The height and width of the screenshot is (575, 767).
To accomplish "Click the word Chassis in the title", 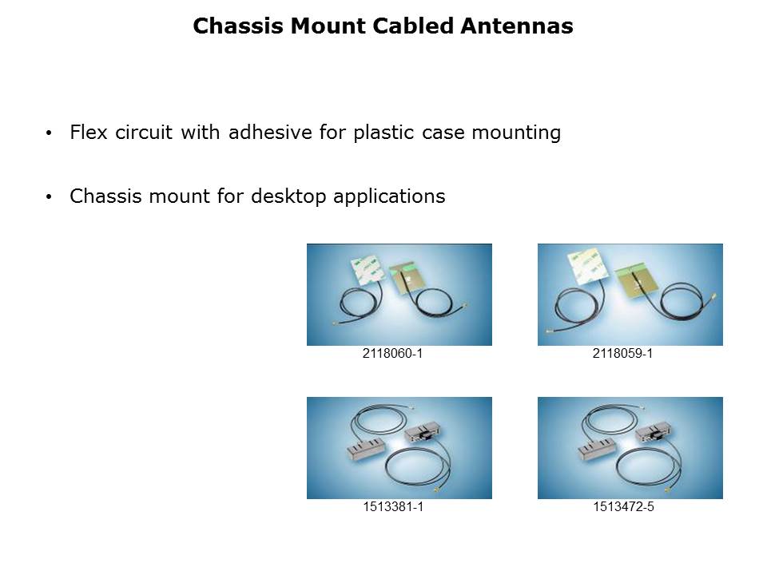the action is (238, 26).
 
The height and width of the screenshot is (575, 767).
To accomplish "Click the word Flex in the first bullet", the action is (88, 132).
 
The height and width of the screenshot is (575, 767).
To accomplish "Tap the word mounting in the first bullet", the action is (516, 133).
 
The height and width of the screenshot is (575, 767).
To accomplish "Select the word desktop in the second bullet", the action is (288, 196).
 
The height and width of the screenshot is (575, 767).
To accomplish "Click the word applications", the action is (389, 196).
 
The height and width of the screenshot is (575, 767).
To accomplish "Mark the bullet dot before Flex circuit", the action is (49, 133).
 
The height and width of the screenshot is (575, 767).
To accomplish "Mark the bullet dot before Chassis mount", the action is (49, 197).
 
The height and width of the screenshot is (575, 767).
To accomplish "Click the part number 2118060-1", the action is (392, 353).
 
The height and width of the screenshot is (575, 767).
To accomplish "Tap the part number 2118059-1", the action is (622, 353).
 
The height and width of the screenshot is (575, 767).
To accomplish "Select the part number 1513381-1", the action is (393, 506).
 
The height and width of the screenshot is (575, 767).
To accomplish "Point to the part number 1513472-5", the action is (623, 506).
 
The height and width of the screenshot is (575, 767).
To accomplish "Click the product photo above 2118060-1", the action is (399, 295).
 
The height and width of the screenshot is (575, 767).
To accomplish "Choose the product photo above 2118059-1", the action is (630, 295).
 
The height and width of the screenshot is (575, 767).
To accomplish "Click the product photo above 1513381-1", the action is (399, 448).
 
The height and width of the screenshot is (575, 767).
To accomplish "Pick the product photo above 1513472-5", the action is (630, 448).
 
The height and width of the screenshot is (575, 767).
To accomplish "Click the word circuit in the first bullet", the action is (144, 132).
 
